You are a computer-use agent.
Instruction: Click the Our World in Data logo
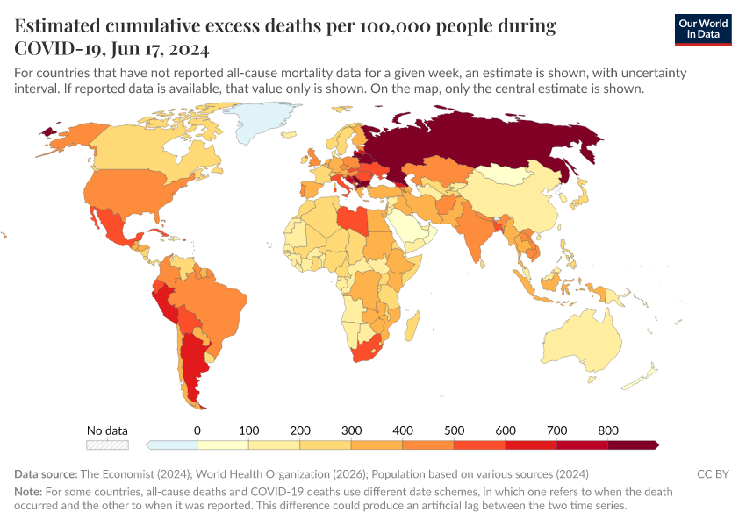(703, 28)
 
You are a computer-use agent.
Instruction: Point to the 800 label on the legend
(608, 430)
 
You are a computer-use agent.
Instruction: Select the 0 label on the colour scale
(197, 430)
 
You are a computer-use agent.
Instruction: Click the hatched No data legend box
(107, 445)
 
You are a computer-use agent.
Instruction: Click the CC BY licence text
(713, 473)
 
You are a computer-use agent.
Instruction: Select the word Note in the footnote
(28, 492)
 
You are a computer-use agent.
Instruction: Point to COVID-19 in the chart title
(56, 47)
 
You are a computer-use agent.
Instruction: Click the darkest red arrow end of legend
(655, 445)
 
